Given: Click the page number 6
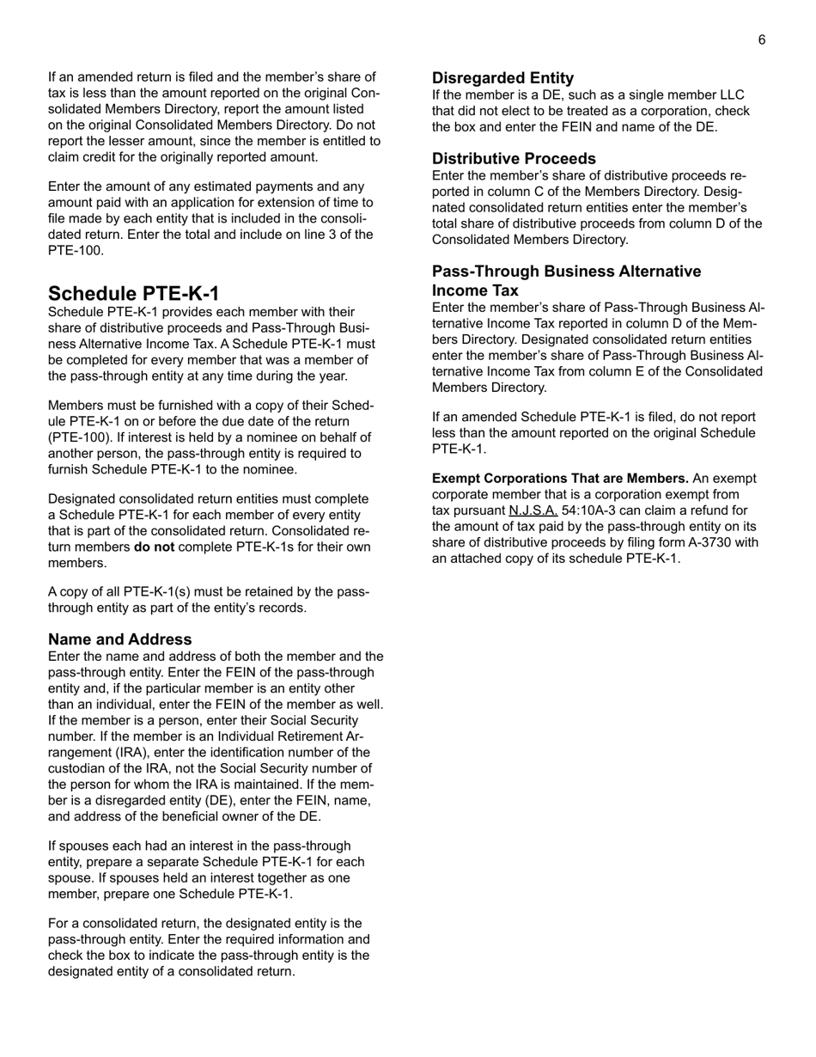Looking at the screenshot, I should click(761, 40).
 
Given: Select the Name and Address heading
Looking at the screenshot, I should click(119, 639).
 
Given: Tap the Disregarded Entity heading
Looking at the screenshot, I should click(502, 77).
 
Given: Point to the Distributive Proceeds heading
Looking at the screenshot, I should click(514, 159).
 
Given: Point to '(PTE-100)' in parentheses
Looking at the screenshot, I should click(77, 437).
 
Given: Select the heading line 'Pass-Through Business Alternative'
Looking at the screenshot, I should click(566, 272).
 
